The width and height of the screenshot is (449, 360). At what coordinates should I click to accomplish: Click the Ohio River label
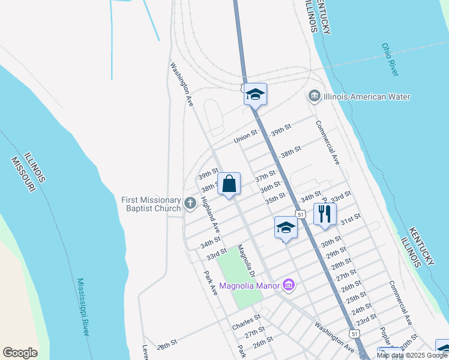click(390, 59)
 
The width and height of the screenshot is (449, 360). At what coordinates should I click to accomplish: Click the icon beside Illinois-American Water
click(314, 97)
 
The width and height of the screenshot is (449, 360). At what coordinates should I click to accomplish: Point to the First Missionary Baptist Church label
click(151, 204)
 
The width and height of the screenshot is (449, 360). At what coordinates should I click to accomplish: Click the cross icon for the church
click(190, 204)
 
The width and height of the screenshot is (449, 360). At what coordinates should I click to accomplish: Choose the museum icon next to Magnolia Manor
click(289, 285)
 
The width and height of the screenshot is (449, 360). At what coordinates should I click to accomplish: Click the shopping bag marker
click(229, 184)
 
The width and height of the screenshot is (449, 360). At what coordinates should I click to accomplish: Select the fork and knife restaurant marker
click(325, 214)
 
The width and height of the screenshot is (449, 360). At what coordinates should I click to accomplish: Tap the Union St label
click(245, 138)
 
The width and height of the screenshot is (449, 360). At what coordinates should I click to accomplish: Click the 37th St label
click(265, 178)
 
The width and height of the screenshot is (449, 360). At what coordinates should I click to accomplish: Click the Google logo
click(20, 353)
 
